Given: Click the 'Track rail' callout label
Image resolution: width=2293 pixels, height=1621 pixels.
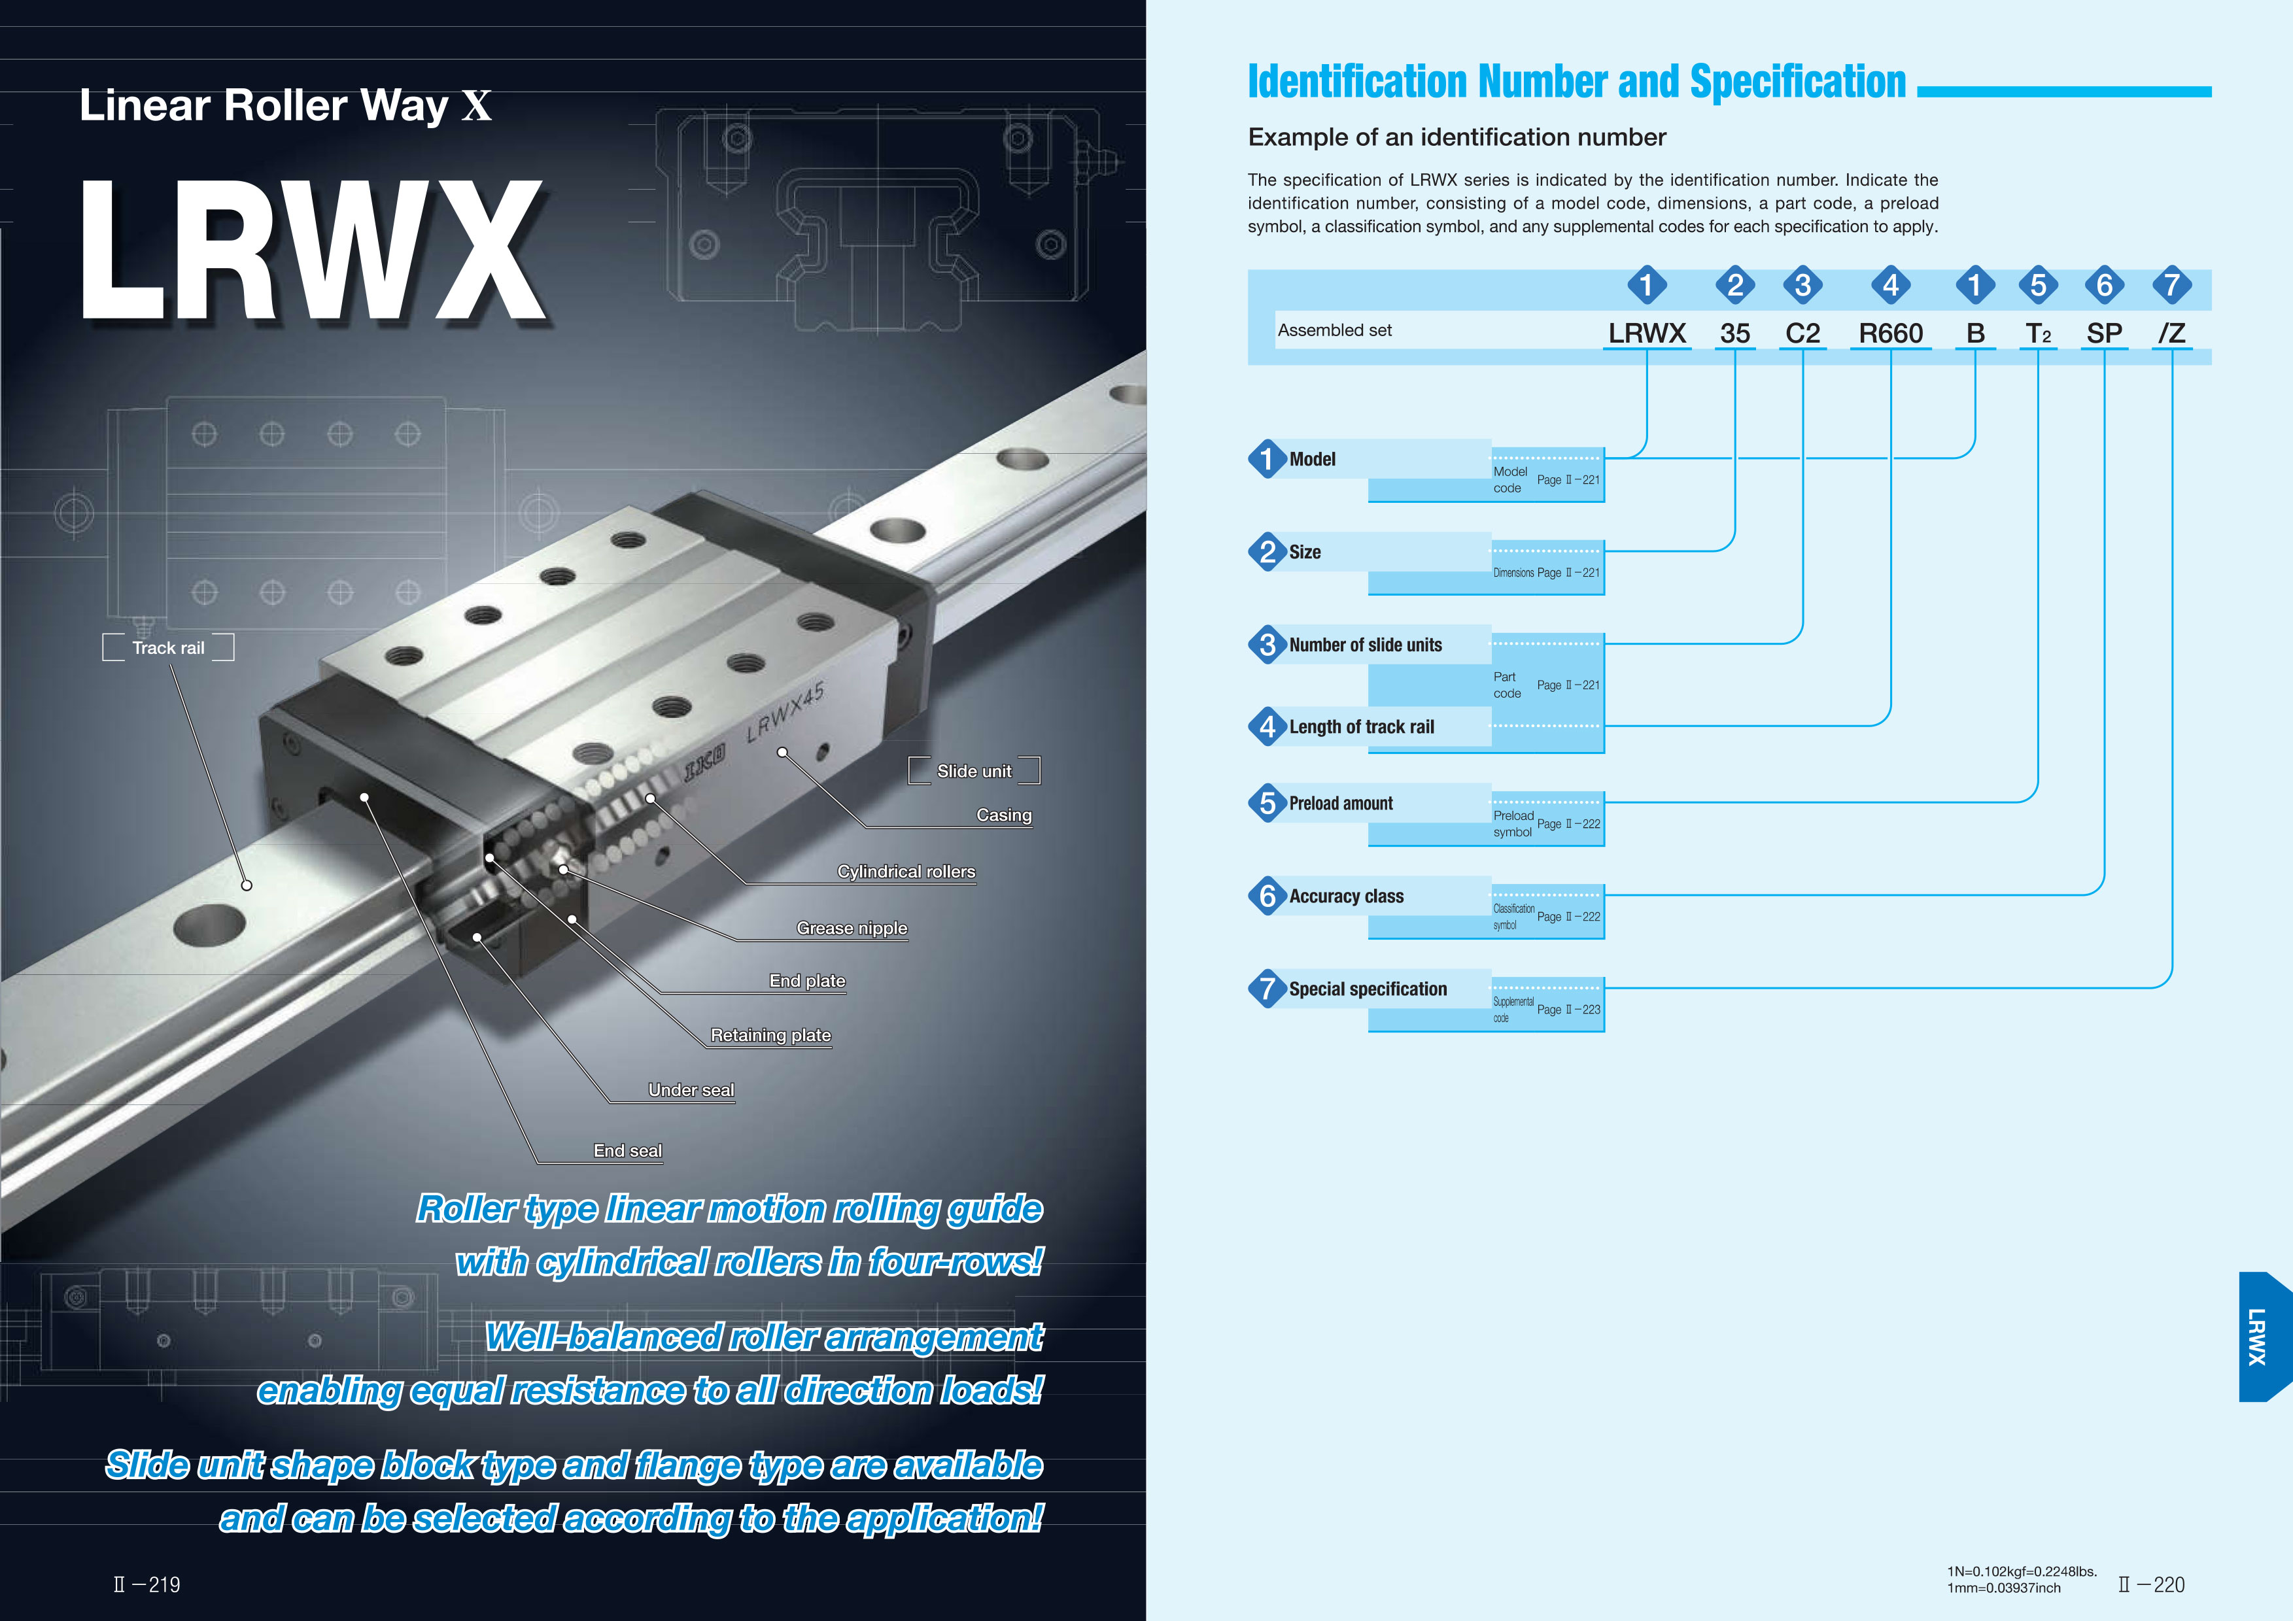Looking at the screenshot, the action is tap(168, 647).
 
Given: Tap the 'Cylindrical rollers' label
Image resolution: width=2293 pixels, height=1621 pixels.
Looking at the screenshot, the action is tap(906, 871).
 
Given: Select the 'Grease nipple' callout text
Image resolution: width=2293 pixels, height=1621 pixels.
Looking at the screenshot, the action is tap(852, 928).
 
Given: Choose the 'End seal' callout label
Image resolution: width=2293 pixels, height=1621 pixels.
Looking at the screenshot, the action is tap(627, 1151).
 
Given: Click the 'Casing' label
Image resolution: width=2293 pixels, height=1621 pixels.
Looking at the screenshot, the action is tap(1004, 815).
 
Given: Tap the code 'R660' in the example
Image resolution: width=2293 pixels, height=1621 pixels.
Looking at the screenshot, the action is tap(1891, 333).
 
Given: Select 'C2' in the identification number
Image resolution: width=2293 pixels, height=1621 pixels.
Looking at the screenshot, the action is tap(1802, 333).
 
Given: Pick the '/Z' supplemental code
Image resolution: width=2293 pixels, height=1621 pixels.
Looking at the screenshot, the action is tap(2171, 333).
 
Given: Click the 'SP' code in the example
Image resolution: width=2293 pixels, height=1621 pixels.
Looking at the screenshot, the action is tap(2104, 333).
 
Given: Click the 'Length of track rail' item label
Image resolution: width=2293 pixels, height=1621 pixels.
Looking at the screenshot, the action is tap(1361, 727).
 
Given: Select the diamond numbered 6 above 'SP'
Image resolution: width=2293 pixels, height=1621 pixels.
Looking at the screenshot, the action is tap(2104, 286).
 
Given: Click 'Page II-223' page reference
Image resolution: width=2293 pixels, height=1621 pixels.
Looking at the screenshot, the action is tap(1568, 1010).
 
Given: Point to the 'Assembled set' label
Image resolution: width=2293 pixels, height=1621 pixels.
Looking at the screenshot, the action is tap(1334, 331).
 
